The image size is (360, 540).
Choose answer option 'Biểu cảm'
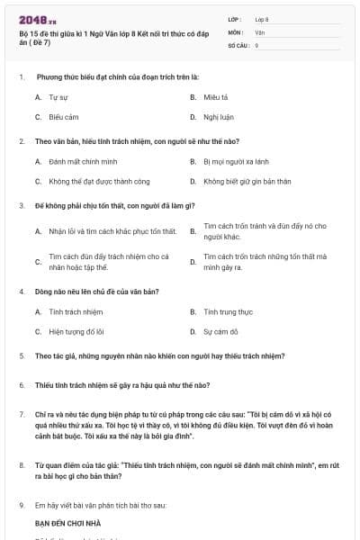(63, 117)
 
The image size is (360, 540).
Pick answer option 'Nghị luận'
(217, 117)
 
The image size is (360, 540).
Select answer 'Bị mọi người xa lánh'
(235, 162)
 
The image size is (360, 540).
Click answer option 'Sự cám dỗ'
(220, 332)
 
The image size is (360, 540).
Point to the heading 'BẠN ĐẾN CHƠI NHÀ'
(68, 522)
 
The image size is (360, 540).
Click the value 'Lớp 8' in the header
(262, 18)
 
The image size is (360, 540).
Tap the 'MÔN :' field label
(237, 31)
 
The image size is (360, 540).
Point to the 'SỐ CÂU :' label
(239, 44)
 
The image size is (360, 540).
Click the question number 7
(21, 415)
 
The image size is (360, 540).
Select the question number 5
(21, 356)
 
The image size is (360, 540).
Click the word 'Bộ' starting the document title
(22, 31)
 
